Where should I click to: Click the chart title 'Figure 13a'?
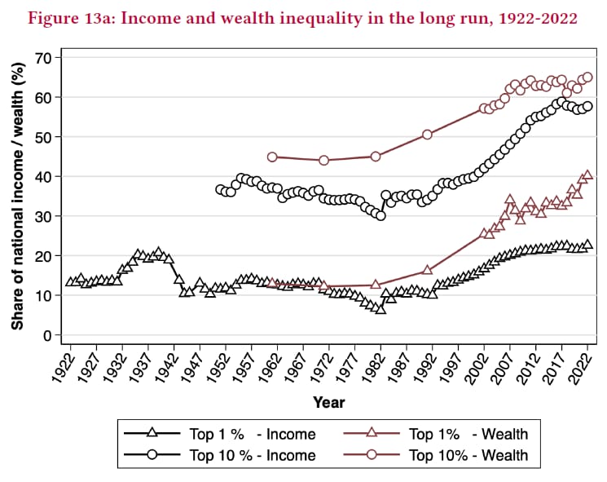[71, 18]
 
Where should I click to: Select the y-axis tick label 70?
[43, 58]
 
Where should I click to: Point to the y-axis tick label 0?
[47, 335]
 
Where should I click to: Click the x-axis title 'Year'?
[328, 403]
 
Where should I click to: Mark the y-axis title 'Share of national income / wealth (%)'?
[18, 196]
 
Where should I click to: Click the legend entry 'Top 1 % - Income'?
[220, 434]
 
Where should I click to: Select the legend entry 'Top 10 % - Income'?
[220, 455]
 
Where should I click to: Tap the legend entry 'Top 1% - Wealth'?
[436, 434]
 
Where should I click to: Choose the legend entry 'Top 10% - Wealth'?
[436, 455]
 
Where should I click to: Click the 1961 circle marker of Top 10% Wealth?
[272, 157]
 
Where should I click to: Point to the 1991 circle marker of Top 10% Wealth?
[427, 135]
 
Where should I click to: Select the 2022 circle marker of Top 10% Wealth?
[587, 77]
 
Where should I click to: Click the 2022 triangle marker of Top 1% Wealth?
[587, 175]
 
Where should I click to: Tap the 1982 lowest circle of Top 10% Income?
[380, 215]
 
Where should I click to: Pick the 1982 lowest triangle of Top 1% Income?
[380, 310]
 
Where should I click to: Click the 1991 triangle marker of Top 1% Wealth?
[427, 270]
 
